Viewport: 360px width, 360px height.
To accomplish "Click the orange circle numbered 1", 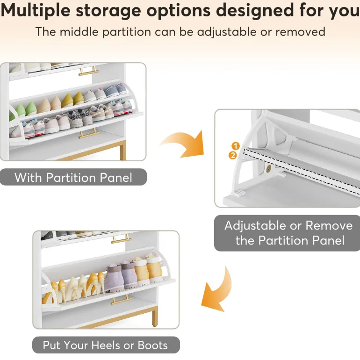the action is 235,146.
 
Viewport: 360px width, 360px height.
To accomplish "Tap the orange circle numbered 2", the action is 232,155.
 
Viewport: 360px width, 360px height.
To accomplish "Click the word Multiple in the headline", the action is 36,11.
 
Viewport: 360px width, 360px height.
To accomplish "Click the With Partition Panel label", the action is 73,177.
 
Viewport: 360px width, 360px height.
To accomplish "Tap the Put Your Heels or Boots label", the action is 106,345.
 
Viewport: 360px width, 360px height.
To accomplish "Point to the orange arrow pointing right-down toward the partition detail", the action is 184,144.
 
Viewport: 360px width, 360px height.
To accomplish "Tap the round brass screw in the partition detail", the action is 268,169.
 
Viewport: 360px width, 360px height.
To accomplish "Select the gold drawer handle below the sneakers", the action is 89,133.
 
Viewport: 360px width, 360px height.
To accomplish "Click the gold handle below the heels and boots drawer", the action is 121,300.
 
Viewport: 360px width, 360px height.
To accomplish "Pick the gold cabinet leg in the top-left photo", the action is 123,151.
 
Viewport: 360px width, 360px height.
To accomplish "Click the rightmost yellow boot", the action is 154,269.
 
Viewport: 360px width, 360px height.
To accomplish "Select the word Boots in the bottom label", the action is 153,346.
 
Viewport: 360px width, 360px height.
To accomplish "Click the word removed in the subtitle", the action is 300,32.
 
